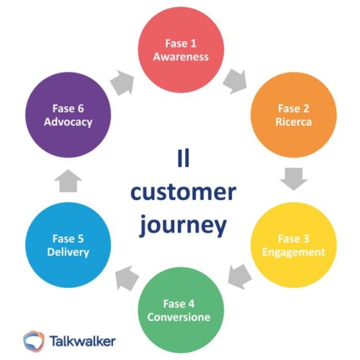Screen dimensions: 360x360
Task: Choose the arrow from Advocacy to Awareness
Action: click(x=123, y=80)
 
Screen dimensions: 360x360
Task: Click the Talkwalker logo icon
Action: click(x=35, y=339)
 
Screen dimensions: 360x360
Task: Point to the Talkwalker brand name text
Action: click(x=82, y=339)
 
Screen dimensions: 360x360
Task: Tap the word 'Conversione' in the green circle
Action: click(x=179, y=318)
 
